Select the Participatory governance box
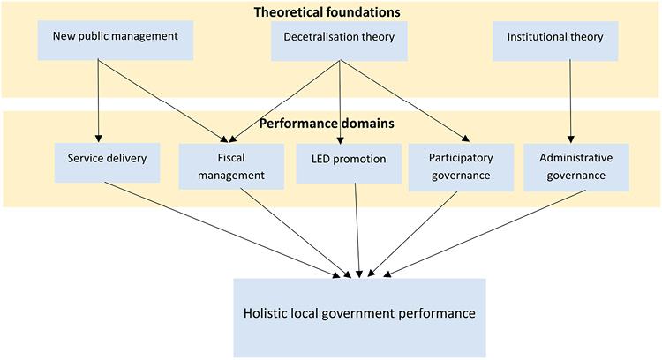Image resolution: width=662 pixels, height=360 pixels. tap(461, 166)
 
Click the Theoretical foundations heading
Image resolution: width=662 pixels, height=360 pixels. tap(327, 12)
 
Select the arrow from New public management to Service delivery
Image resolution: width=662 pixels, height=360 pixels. tap(98, 100)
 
